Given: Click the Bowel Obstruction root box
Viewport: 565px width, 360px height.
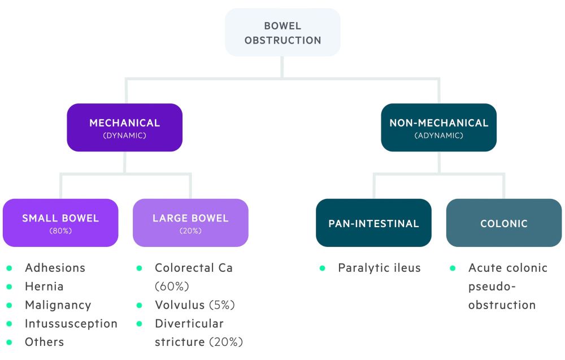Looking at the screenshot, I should point(282,33).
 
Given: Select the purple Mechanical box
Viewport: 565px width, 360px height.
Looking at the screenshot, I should point(125,127).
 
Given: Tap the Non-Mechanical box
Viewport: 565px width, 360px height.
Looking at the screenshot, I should point(438,127).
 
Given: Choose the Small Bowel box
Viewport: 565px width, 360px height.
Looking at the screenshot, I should point(60,223).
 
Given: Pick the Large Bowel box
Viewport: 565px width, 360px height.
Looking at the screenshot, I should point(190,223).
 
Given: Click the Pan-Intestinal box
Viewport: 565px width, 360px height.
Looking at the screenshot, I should point(373,223).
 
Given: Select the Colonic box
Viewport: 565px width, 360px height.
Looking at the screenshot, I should point(504,223).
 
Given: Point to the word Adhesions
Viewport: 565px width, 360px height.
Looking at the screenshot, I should point(55,268).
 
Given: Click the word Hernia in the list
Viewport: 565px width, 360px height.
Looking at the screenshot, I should point(44,287).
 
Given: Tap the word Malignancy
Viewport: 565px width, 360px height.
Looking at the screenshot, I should point(58,305).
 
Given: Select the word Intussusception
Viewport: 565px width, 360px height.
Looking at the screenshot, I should point(71,324).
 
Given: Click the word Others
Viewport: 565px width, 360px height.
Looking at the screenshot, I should point(44,342).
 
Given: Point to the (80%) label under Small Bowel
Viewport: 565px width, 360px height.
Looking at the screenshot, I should point(60,231).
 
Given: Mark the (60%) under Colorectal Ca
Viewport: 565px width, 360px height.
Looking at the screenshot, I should point(172,287).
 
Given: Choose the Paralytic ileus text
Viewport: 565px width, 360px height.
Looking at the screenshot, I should point(379,268).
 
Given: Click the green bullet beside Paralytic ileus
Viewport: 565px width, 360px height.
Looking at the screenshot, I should point(322,268).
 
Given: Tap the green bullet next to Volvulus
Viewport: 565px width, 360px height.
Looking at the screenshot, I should point(139,305).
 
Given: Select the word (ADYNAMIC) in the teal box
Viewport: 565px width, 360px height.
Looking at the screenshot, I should point(438,136).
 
